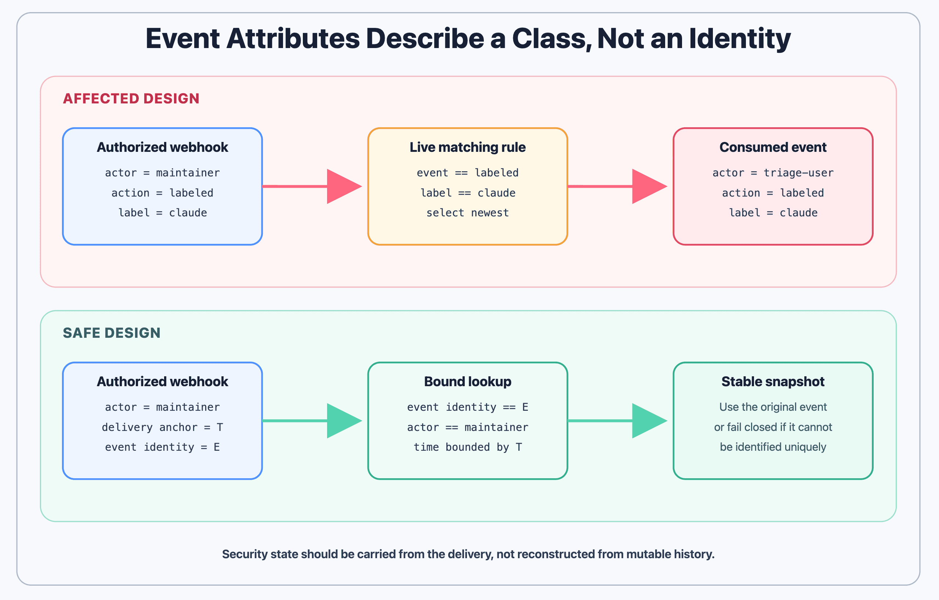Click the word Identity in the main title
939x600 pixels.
coord(740,39)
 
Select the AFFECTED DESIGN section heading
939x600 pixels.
coord(131,99)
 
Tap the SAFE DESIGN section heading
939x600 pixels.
coord(112,333)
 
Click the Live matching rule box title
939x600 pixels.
coord(468,147)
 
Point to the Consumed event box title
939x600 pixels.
coord(773,147)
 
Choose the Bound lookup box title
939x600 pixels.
coord(468,381)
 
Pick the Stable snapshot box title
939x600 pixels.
coord(773,381)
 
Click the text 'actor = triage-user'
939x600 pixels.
coord(773,173)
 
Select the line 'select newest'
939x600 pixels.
coord(468,213)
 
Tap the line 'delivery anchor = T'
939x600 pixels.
coord(162,427)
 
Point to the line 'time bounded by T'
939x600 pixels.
coord(468,447)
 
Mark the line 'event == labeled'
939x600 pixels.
coord(468,173)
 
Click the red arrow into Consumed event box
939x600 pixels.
coord(617,186)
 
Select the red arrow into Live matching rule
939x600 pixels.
coord(312,186)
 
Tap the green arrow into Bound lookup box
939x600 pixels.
coord(312,421)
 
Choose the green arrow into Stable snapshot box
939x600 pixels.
coord(617,421)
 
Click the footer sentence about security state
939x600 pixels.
coord(468,554)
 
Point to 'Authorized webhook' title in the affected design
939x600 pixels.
coord(162,147)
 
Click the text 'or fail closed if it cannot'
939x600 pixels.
coord(773,427)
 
